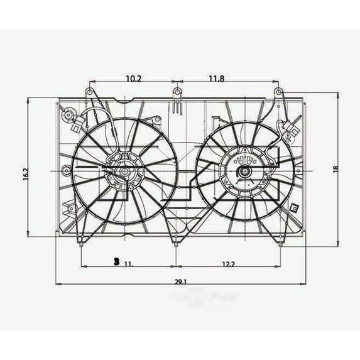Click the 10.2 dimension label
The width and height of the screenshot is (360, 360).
coord(133,79)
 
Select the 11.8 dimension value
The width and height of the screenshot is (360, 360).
coord(216,79)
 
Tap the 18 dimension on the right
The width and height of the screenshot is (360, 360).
coord(335,169)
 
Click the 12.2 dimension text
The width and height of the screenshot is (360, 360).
coord(229,265)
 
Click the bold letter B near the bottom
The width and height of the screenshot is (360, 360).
coord(116,262)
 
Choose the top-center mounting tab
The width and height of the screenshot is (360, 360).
coord(177,95)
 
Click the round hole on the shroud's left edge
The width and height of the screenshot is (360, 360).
coord(66,168)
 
